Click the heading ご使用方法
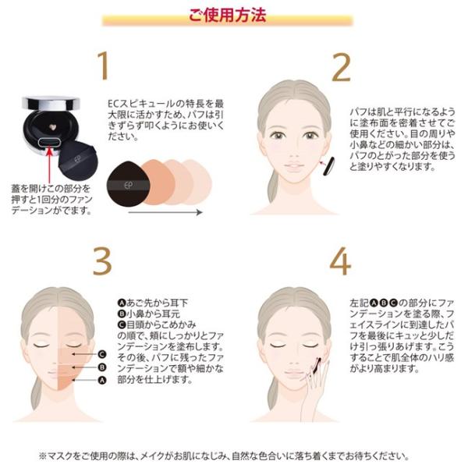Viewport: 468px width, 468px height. pyautogui.click(x=227, y=15)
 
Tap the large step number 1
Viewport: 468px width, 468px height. pyautogui.click(x=103, y=66)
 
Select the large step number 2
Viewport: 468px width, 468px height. pyautogui.click(x=341, y=67)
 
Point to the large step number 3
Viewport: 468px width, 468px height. pyautogui.click(x=102, y=261)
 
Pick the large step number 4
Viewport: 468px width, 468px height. pyautogui.click(x=340, y=261)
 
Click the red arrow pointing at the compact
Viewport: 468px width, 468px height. pyautogui.click(x=50, y=165)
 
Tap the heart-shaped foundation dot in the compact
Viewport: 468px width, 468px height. pyautogui.click(x=53, y=127)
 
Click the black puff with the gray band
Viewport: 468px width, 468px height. pyautogui.click(x=129, y=183)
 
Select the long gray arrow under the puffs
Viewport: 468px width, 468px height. pyautogui.click(x=165, y=212)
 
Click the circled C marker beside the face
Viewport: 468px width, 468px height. pyautogui.click(x=102, y=354)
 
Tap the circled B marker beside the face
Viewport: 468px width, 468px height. pyautogui.click(x=102, y=367)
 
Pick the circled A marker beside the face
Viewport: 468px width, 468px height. pyautogui.click(x=102, y=381)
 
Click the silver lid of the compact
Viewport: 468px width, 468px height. pyautogui.click(x=51, y=103)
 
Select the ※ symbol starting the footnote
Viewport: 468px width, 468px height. pyautogui.click(x=43, y=456)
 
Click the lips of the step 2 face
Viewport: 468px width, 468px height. pyautogui.click(x=293, y=165)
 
